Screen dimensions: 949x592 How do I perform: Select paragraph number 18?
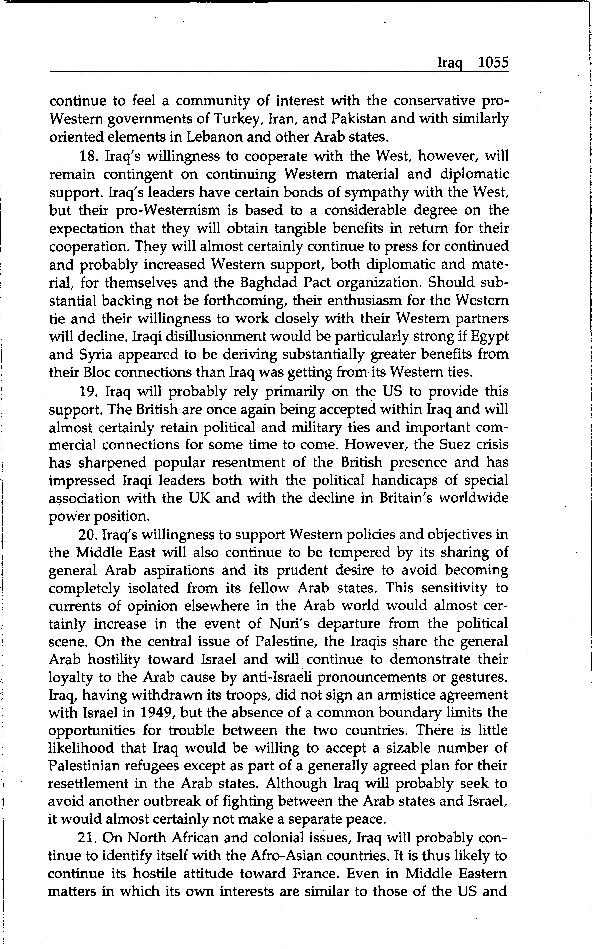click(x=88, y=156)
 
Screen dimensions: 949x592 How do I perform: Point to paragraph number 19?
click(x=88, y=391)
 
